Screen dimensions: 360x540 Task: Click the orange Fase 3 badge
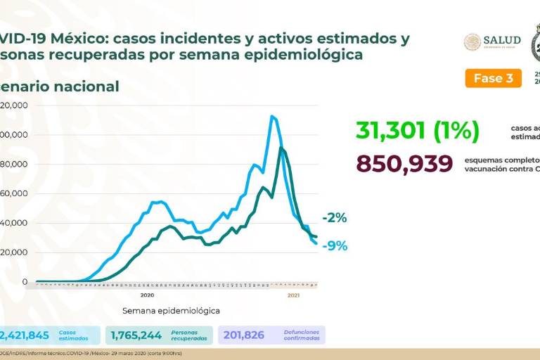pos(493,78)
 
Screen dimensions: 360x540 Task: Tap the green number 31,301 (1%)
pos(417,130)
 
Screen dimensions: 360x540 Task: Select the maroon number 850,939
pos(404,164)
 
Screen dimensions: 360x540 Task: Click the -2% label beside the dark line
pos(335,218)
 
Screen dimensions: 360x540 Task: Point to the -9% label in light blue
pos(335,246)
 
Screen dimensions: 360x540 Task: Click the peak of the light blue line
pos(271,117)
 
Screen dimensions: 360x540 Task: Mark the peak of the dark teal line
pos(281,148)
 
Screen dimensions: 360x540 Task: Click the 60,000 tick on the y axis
pos(15,193)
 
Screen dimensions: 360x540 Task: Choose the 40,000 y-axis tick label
pos(15,223)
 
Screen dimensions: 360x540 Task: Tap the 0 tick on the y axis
pos(25,282)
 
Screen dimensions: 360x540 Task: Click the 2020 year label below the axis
pos(148,295)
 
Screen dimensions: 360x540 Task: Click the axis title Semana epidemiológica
pos(171,310)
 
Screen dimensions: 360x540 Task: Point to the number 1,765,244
pos(136,335)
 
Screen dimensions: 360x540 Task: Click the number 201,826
pos(243,335)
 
